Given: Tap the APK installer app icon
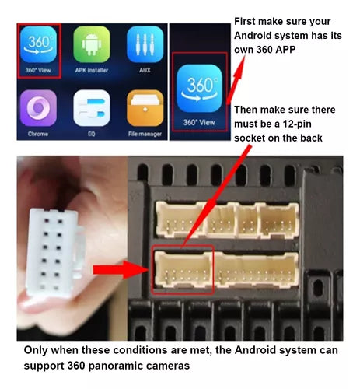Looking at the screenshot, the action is (92, 44).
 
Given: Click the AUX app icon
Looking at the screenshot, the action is (145, 44).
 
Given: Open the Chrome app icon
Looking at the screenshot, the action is (38, 108).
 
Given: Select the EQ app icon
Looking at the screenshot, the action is (92, 108).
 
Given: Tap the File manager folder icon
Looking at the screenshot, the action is (145, 108).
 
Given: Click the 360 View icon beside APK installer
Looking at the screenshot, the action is (38, 44).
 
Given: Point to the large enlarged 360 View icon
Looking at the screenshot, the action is (199, 89).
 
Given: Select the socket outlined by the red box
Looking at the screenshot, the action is (183, 269).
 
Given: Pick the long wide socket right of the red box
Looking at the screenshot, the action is (257, 270).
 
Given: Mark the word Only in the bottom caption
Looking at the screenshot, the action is (36, 350).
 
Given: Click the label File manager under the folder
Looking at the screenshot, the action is (145, 134).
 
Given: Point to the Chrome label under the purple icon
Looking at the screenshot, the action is (38, 134).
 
